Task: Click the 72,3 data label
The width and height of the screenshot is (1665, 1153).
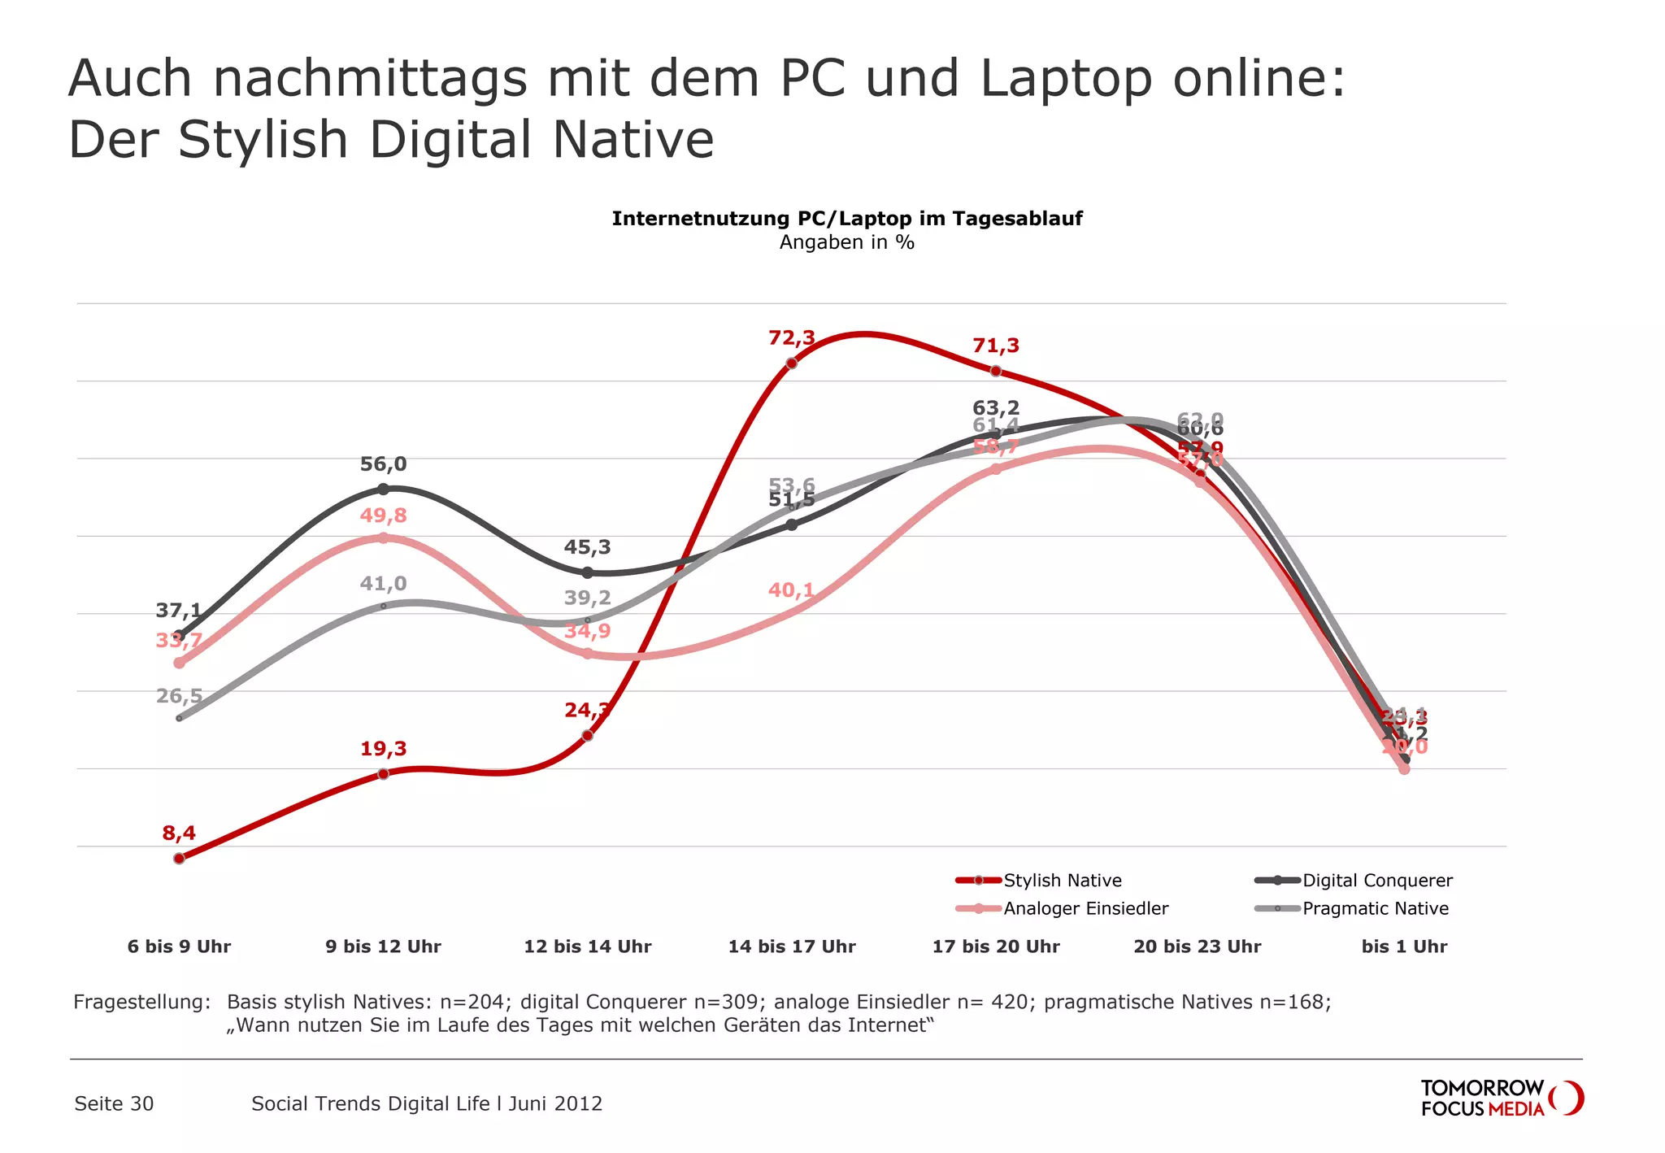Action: pos(791,337)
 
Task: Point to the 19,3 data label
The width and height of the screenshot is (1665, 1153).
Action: pos(383,749)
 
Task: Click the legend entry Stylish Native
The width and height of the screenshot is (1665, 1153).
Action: pos(1062,881)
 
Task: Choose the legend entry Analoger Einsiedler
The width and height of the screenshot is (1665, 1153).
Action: pos(1085,908)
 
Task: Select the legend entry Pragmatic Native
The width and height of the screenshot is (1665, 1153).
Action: pos(1375,908)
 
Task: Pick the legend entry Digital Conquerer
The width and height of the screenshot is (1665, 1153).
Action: pos(1376,881)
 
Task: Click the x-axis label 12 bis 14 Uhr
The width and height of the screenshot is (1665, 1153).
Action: pos(587,946)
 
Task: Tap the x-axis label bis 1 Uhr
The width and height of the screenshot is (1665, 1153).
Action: pos(1404,946)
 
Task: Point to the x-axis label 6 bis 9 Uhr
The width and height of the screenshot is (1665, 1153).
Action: pos(179,946)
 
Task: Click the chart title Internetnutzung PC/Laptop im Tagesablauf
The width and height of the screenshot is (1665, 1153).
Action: pos(846,219)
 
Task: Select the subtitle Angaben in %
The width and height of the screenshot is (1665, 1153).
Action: pos(846,242)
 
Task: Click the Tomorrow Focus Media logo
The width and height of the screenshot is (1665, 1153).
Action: pos(1501,1098)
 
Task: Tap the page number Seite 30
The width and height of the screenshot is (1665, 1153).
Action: pos(114,1103)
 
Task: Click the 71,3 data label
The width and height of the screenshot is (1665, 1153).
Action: pos(995,346)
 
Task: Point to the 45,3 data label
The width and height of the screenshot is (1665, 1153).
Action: pos(587,547)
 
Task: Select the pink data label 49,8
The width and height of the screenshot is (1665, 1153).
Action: pos(383,516)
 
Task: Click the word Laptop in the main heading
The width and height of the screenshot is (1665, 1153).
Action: pos(1066,79)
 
